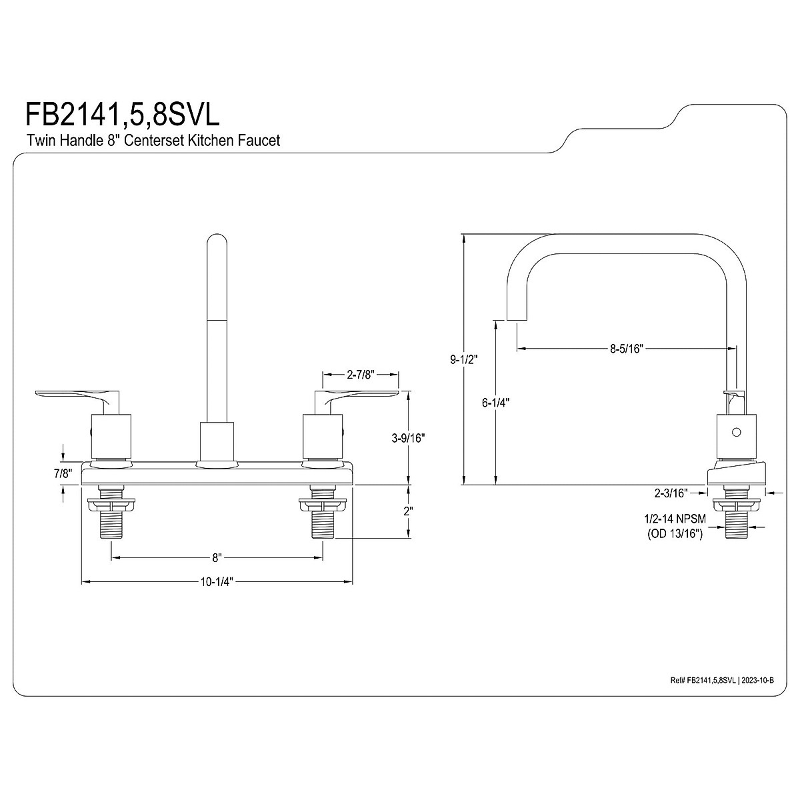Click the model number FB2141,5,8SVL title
coord(122,114)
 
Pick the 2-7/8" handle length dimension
coord(361,375)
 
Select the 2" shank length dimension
coord(408,511)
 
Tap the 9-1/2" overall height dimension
coord(465,359)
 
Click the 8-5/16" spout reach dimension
coord(626,348)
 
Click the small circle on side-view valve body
coord(736,432)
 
